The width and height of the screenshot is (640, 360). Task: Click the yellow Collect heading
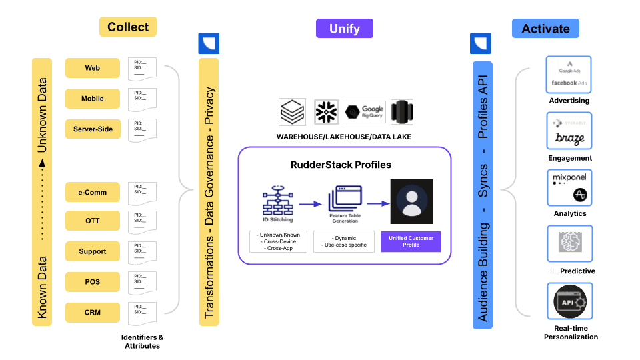point(128,27)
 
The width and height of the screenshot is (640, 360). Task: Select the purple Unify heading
point(344,28)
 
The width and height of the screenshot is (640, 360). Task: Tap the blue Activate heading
point(545,28)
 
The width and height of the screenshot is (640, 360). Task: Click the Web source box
point(93,68)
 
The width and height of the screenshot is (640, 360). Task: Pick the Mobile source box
point(93,99)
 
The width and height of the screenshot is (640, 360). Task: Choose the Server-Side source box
point(93,129)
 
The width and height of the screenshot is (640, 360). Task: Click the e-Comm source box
point(93,193)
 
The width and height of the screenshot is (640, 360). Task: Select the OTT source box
point(93,221)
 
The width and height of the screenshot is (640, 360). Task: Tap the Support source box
point(93,251)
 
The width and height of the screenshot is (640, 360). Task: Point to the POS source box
point(93,282)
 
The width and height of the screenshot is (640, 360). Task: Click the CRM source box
point(93,312)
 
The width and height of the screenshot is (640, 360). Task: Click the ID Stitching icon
point(278,200)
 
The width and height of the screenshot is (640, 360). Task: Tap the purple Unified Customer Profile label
point(411,241)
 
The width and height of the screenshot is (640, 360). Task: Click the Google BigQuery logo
point(364,112)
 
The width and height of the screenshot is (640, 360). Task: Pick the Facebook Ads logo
point(569,83)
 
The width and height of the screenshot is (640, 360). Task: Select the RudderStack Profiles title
point(341,164)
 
